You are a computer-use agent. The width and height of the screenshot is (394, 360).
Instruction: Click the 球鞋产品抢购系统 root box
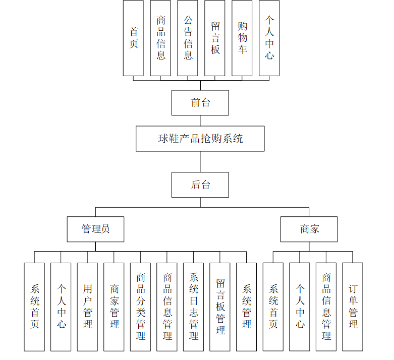coord(200,139)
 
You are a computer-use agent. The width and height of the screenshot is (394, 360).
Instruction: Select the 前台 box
coord(200,103)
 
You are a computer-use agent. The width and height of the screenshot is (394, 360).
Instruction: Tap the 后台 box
coord(200,185)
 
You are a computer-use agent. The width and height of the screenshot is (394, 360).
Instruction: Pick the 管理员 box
coord(96,229)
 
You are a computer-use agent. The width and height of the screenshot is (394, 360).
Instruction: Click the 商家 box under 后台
coord(309,229)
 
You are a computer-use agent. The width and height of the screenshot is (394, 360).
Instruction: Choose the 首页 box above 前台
coord(133,38)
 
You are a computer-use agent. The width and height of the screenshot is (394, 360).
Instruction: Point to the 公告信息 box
coord(188,38)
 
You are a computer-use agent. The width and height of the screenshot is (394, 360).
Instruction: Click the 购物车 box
coord(242,38)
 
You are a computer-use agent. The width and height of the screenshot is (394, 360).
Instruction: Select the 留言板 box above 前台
coord(215,38)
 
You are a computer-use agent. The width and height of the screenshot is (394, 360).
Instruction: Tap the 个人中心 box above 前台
coord(269,38)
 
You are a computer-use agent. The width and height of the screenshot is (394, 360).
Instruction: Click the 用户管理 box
coord(87,307)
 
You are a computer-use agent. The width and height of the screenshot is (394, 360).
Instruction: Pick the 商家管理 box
coord(114,307)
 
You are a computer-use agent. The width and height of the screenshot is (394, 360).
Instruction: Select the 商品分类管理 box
coord(140,307)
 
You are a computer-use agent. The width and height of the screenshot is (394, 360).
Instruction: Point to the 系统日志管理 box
coord(193,307)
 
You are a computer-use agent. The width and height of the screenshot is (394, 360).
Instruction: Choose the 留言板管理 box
coord(220,307)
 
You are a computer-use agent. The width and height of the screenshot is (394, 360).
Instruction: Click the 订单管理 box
coord(353,307)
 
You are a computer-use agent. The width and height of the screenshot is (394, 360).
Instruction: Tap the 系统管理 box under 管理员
coord(247,307)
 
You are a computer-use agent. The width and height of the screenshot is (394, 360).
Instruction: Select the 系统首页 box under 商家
coord(273,307)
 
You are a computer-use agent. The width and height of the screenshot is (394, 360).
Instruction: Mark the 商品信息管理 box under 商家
coord(326,307)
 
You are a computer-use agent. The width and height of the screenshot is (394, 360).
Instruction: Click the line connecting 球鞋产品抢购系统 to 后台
coord(200,162)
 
